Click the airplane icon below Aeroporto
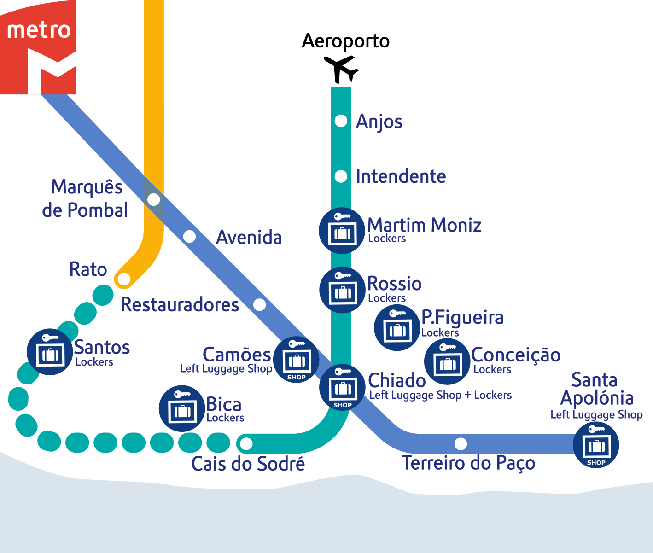coord(341,69)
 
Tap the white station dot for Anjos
coord(341,121)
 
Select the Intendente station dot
coord(341,176)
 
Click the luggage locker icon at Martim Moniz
coord(342,230)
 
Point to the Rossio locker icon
coord(342,290)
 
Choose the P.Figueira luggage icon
coord(397,327)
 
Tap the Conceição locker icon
coord(447,361)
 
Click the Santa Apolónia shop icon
coord(596,445)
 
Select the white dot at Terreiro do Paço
coord(461,444)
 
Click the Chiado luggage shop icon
coord(343,387)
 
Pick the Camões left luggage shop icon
coord(296,360)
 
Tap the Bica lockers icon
coord(182,408)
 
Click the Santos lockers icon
coord(50,352)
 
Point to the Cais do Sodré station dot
coord(246,444)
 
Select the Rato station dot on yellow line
coord(124,279)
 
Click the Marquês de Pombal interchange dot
coord(154,200)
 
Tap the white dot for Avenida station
coord(189,237)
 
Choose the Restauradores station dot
coord(260,304)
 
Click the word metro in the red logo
coord(39,30)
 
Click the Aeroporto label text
coord(346,41)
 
